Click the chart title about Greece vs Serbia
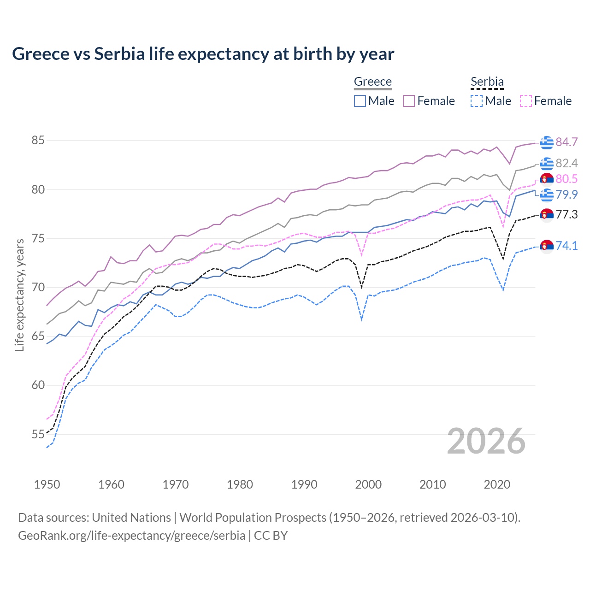point(203,54)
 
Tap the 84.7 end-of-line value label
point(566,142)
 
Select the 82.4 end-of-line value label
point(566,163)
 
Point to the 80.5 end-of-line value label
point(566,179)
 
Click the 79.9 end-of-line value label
point(566,195)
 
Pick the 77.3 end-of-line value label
point(566,214)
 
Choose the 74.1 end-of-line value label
point(566,246)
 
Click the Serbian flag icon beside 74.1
point(547,246)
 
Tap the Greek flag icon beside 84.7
point(547,142)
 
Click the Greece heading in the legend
point(372,82)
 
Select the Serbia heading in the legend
point(487,82)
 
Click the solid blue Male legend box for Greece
point(360,101)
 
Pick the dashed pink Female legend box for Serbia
point(526,101)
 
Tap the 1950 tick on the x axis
point(47,484)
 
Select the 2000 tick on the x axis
point(368,484)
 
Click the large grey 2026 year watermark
point(486,441)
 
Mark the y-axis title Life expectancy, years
point(19,295)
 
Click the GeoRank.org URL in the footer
point(131,536)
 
